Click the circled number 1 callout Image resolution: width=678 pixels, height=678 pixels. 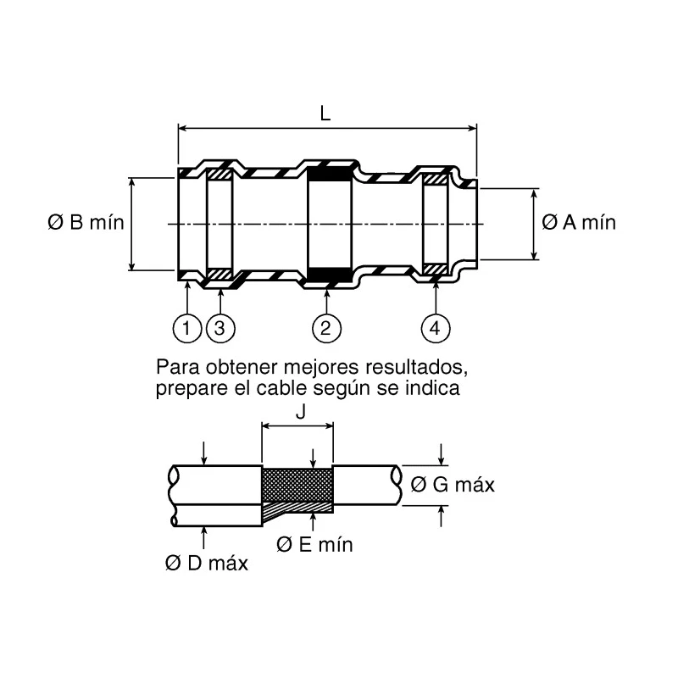click(186, 328)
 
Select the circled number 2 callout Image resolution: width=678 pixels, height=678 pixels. click(326, 328)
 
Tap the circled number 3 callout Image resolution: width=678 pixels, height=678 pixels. click(220, 328)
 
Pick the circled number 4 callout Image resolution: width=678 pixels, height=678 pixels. click(436, 328)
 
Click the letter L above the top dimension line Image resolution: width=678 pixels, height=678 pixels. click(325, 114)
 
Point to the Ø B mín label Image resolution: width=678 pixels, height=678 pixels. click(86, 223)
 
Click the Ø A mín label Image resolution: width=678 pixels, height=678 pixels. click(579, 223)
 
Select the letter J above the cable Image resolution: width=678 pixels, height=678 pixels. click(301, 412)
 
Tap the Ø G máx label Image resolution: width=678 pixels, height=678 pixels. click(453, 484)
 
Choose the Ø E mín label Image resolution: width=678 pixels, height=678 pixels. click(314, 544)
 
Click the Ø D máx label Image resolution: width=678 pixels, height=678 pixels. click(207, 564)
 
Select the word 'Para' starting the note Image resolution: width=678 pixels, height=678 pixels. click(178, 367)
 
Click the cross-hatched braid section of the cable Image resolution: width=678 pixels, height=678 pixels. click(297, 484)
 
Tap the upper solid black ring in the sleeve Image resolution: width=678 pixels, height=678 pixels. click(330, 175)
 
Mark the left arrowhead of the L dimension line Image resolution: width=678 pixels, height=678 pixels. click(182, 128)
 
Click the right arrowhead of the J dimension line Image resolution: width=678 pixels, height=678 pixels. click(330, 426)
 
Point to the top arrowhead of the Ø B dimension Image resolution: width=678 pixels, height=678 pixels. click(132, 181)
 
